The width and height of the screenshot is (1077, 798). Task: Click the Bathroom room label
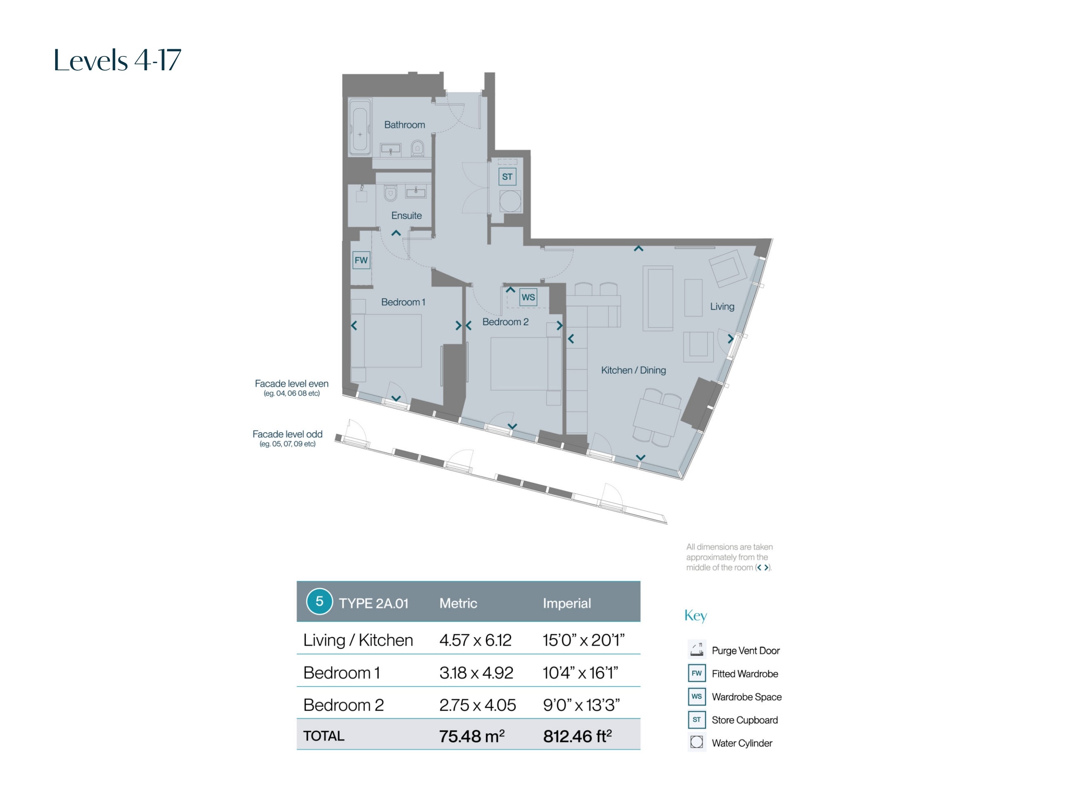tap(405, 125)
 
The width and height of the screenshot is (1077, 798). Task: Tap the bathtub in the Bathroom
tap(360, 127)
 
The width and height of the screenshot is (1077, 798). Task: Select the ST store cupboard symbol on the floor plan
tap(507, 177)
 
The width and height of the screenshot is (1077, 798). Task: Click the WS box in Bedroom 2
tap(528, 297)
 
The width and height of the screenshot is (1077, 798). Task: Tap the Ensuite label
tap(406, 215)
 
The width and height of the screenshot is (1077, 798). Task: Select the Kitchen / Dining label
tap(633, 370)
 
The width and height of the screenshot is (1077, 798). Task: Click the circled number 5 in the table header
tap(319, 601)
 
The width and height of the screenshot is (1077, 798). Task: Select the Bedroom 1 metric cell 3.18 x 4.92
tap(476, 673)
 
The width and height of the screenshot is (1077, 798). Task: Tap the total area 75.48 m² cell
tap(472, 736)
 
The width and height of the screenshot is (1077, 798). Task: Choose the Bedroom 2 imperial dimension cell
tap(581, 705)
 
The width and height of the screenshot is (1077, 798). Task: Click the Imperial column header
tap(567, 603)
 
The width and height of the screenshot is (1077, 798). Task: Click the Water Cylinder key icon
tap(697, 742)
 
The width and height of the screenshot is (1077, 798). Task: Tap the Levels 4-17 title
tap(117, 60)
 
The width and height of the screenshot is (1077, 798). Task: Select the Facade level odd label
tap(287, 434)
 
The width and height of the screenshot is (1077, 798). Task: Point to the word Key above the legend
tap(696, 616)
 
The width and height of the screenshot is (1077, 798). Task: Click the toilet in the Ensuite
tap(390, 193)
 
